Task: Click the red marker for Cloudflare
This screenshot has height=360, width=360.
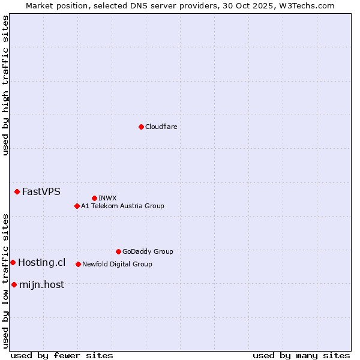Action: point(141,127)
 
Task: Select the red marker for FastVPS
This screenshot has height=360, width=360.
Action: point(17,191)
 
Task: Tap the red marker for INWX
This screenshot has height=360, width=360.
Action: point(94,198)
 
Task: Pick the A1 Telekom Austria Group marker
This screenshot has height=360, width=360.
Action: point(77,206)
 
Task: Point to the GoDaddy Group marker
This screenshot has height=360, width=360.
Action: point(118,251)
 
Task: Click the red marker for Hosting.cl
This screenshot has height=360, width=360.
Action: point(13,262)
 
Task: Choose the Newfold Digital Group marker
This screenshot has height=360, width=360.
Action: point(78,264)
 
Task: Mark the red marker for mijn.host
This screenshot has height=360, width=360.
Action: point(14,284)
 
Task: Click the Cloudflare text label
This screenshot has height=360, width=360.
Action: point(161,127)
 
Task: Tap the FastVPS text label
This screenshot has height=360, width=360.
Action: point(41,192)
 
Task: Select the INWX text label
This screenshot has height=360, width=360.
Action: point(107,198)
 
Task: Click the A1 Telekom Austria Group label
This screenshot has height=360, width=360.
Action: point(122,206)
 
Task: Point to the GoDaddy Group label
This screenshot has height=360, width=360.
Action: point(148,252)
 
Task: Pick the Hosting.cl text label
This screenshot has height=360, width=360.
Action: point(41,263)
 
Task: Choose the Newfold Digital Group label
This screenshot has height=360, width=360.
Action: point(117,264)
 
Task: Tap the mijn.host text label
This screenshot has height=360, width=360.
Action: point(41,285)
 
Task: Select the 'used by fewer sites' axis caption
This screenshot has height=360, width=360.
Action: point(62,355)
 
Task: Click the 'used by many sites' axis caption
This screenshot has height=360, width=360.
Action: point(301,355)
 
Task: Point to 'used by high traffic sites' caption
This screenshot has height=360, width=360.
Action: point(5,85)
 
